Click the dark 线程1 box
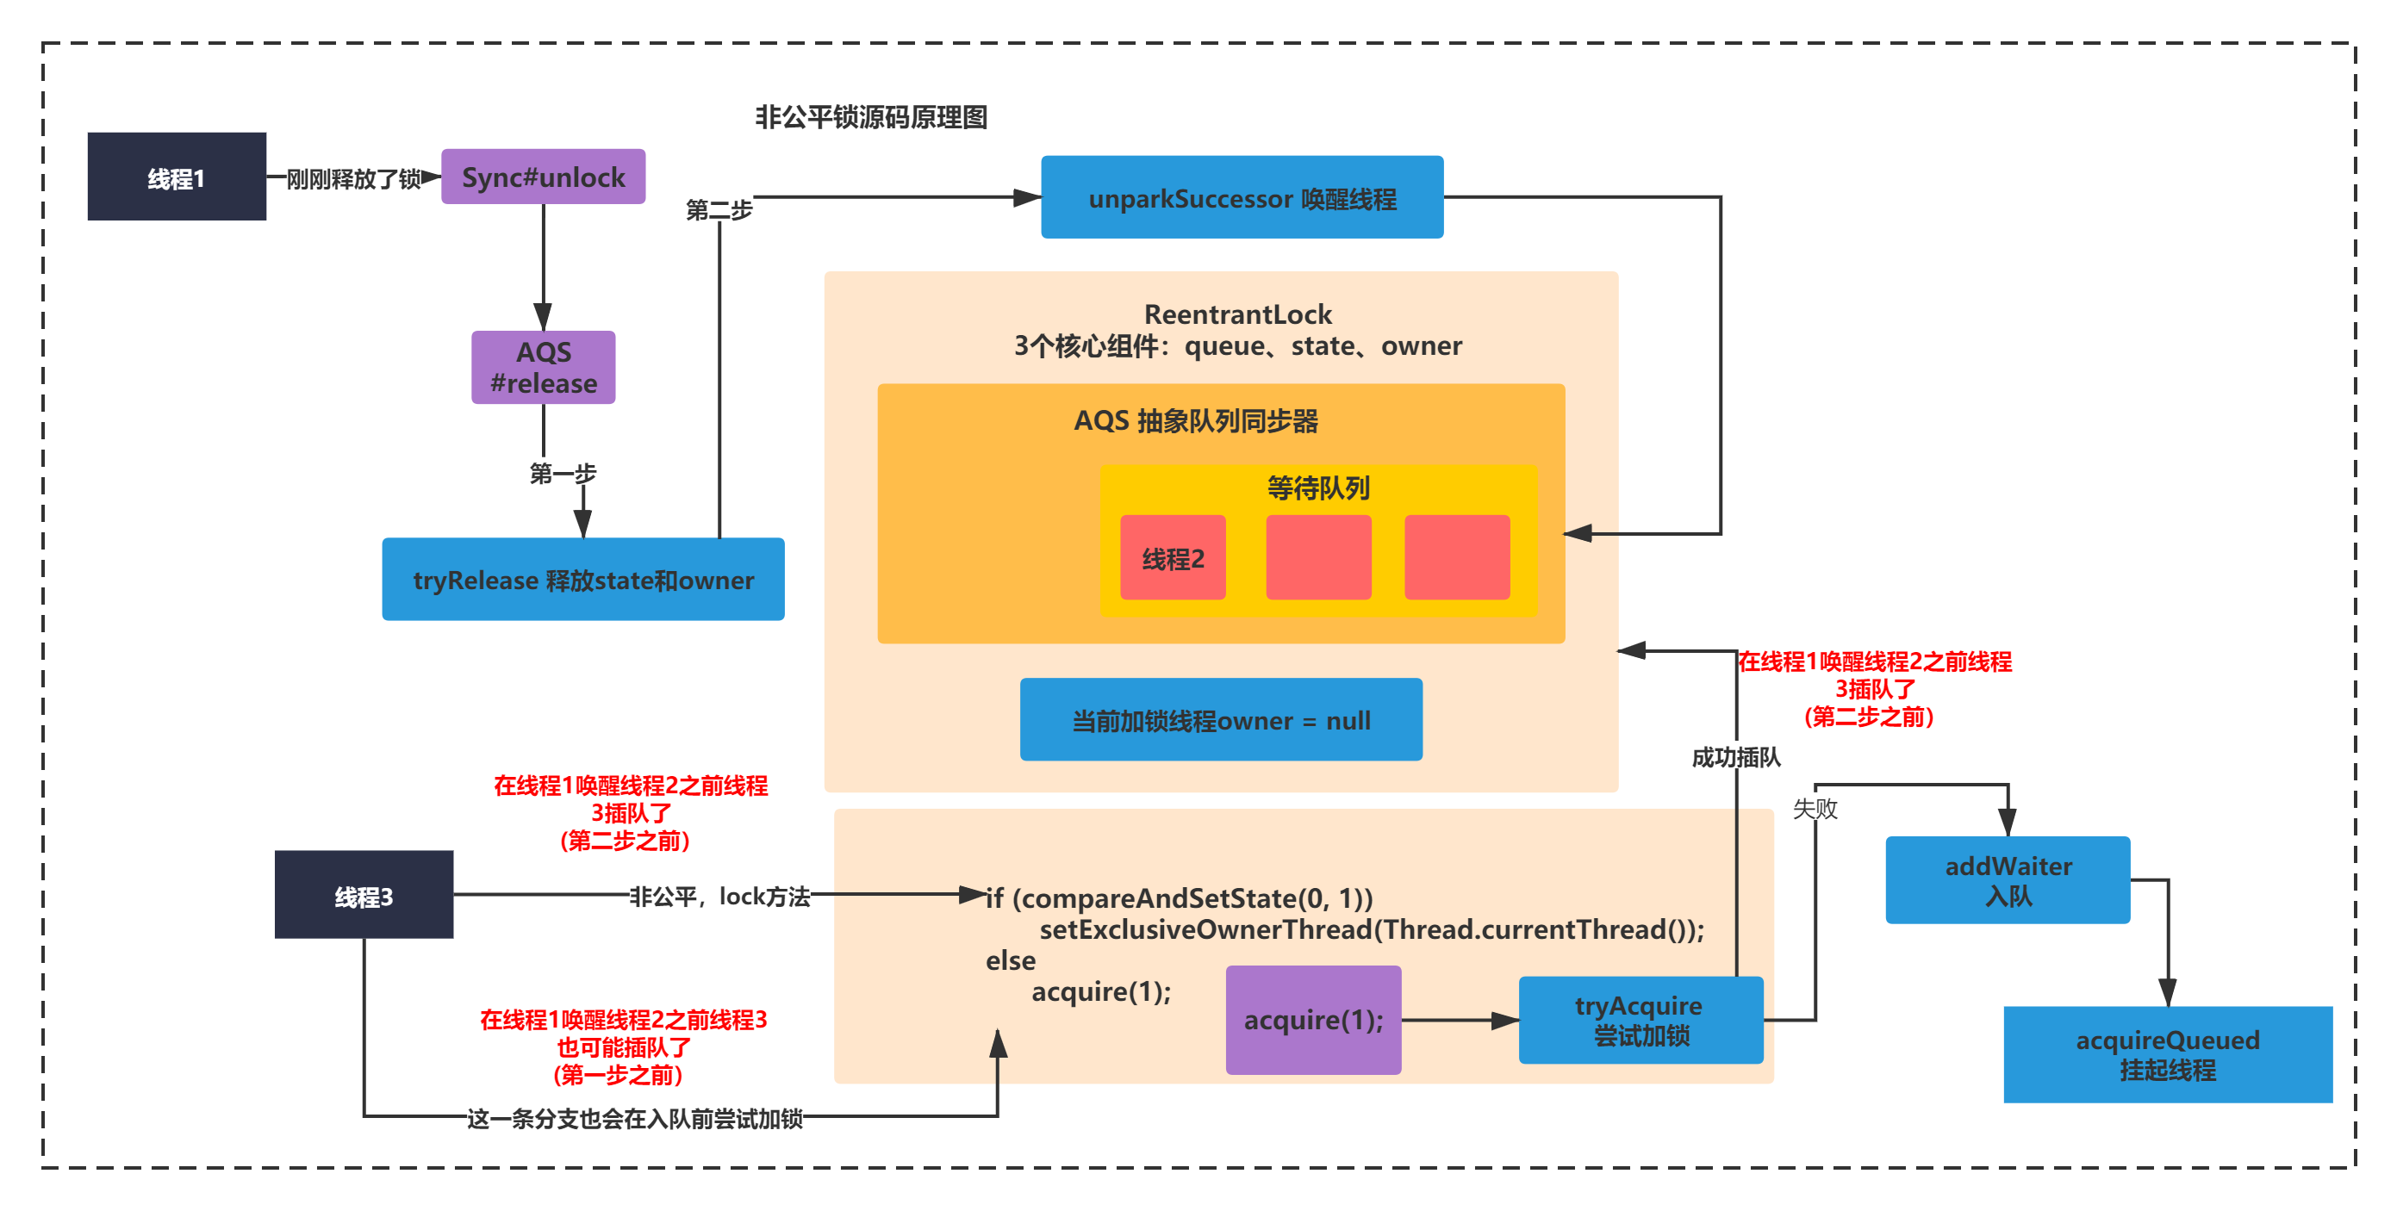point(177,177)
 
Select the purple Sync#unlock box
point(544,177)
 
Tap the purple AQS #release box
point(544,368)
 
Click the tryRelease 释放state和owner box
point(583,580)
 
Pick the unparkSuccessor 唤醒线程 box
point(1242,198)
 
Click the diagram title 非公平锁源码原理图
point(871,118)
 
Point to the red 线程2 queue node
point(1173,558)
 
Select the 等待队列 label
point(1318,488)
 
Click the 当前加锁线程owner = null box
point(1221,720)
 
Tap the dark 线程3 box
point(364,895)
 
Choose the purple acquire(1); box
point(1313,1021)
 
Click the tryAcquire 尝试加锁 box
point(1641,1021)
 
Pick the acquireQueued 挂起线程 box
point(2168,1055)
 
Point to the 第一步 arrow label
point(563,475)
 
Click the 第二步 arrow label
point(719,210)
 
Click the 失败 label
point(1815,809)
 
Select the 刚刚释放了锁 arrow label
point(353,178)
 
